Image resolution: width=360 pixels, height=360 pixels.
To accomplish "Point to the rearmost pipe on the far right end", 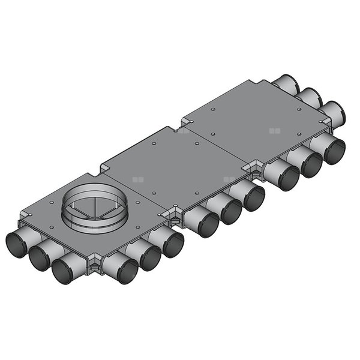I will click(x=289, y=83).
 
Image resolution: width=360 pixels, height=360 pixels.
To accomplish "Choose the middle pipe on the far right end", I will click(x=311, y=97).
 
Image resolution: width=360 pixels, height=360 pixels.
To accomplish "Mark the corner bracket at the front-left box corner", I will click(x=94, y=265).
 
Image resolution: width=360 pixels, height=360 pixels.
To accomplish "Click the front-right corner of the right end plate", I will click(x=329, y=127).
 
